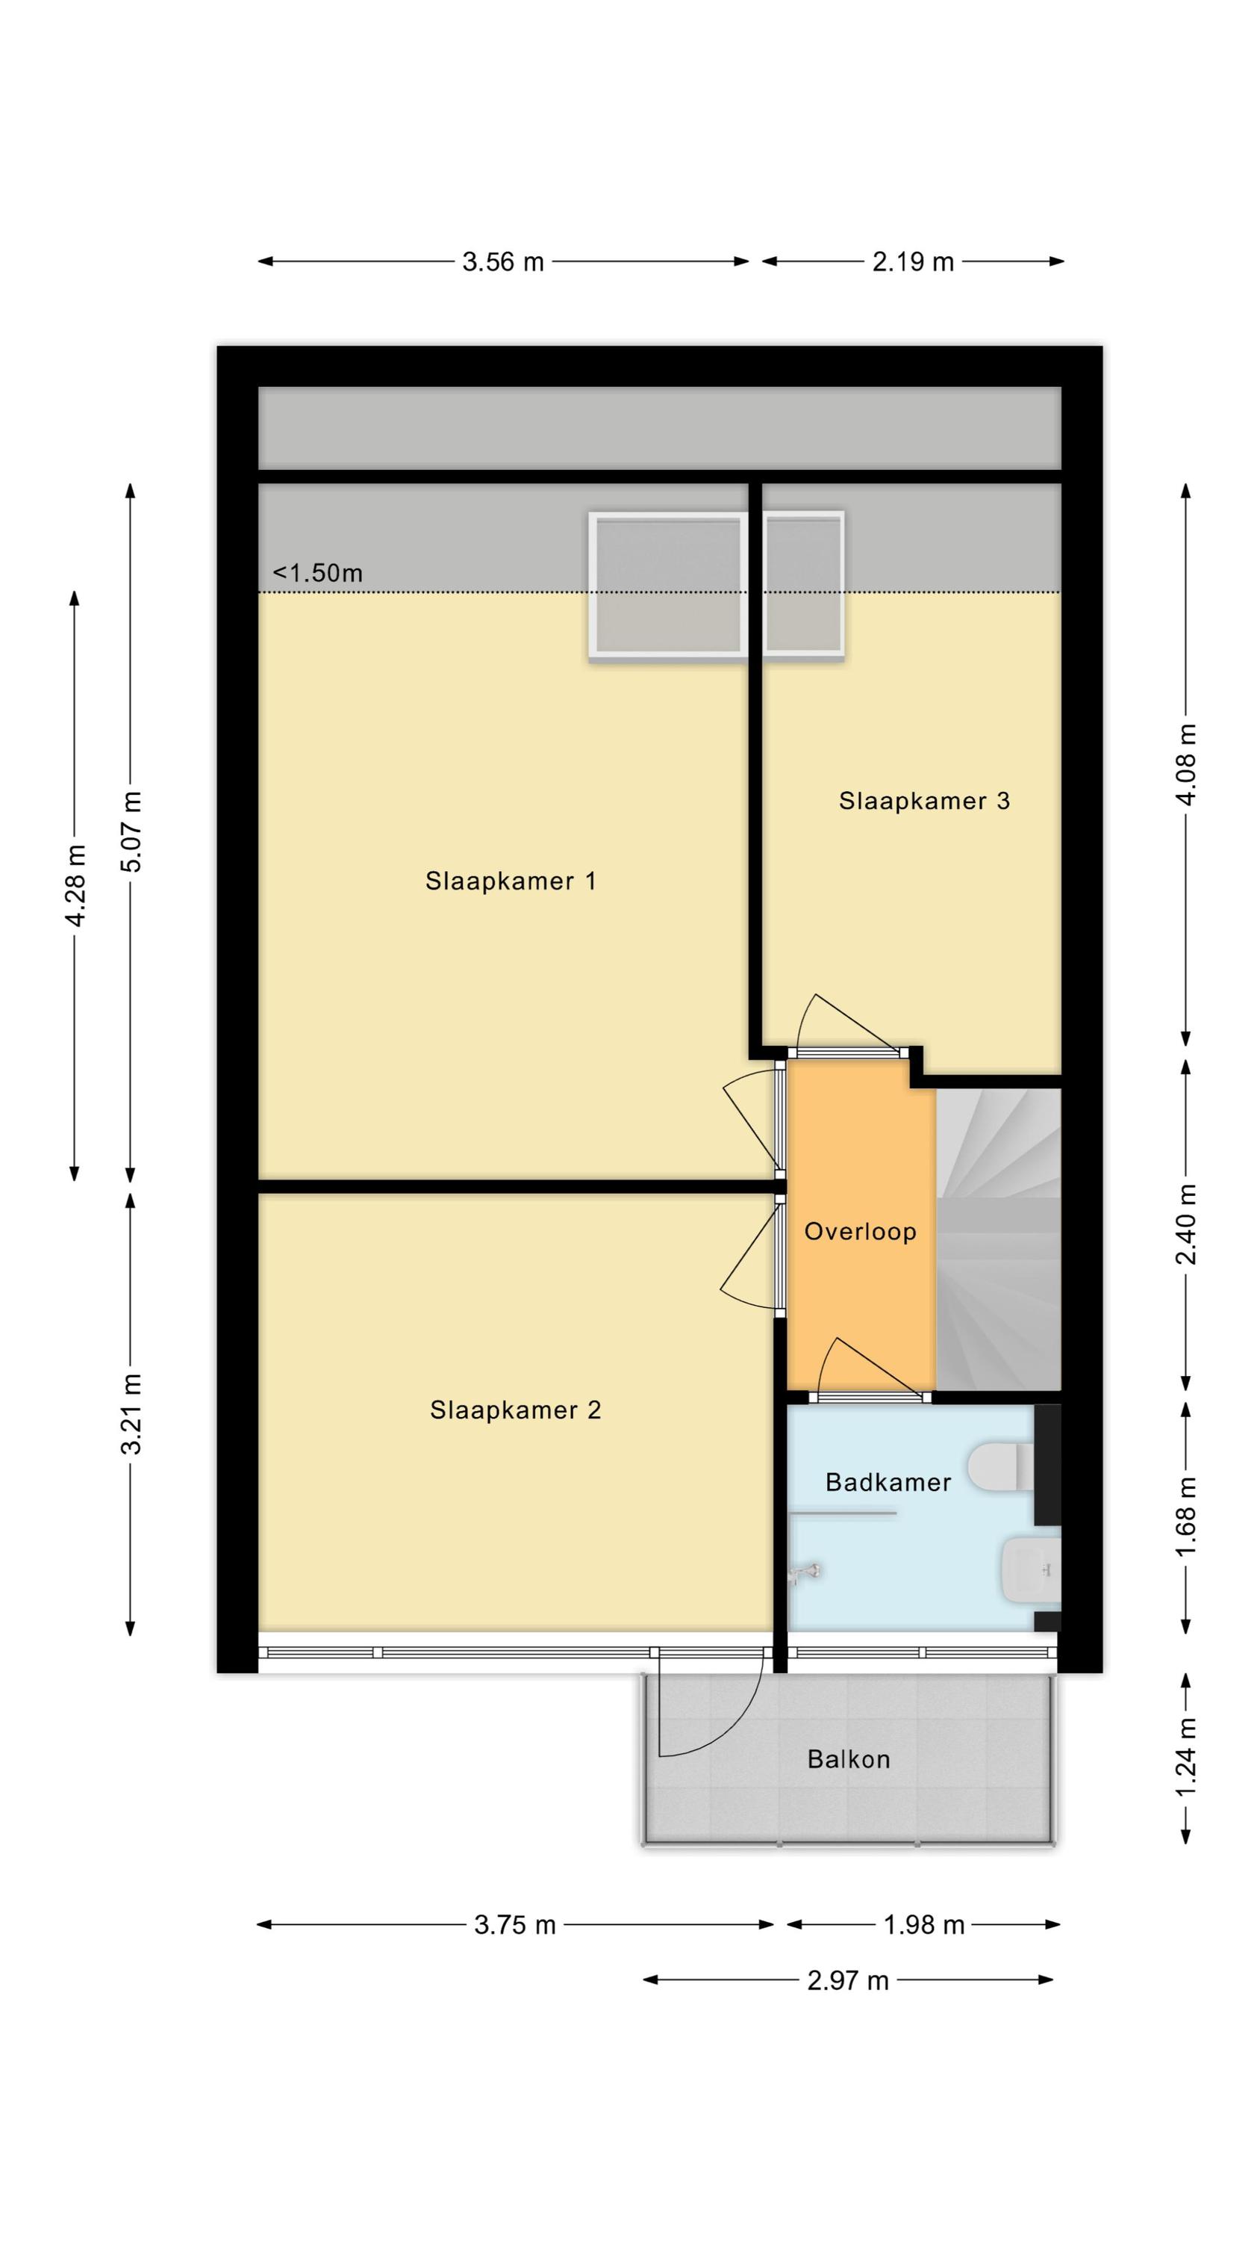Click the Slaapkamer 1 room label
coord(511,881)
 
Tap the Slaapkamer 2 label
coord(515,1410)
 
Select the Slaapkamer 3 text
coord(923,802)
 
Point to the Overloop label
coord(860,1232)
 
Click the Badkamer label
coord(888,1482)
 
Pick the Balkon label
coord(849,1760)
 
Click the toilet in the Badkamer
coord(1001,1467)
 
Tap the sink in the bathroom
coord(1032,1569)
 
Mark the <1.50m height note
coord(317,572)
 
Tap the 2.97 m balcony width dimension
coord(848,1981)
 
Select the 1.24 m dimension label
coord(1187,1758)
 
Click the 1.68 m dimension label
coord(1187,1516)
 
